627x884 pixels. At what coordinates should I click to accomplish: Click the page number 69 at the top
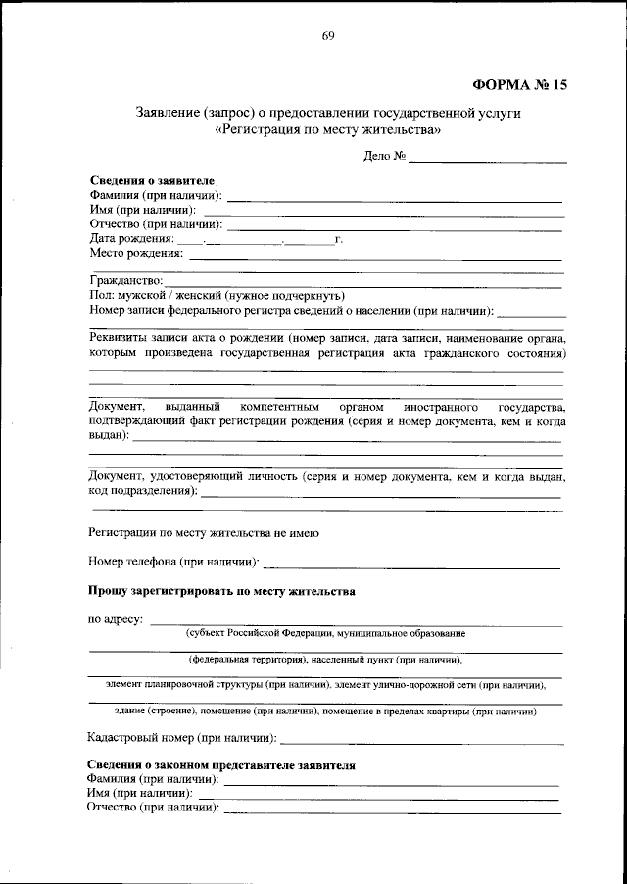(x=328, y=37)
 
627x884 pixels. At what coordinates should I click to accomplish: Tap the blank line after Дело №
(x=488, y=157)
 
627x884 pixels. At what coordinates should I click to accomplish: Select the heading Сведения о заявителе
(x=151, y=182)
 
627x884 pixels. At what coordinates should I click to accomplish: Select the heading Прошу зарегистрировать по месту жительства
(x=221, y=592)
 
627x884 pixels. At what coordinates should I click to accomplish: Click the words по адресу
(x=116, y=619)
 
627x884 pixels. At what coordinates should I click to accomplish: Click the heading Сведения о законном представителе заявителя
(x=221, y=764)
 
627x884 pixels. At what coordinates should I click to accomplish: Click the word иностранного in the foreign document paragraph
(x=433, y=406)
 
